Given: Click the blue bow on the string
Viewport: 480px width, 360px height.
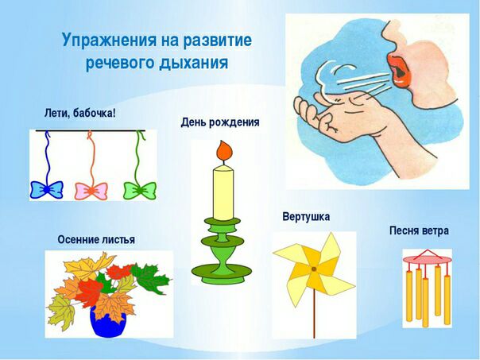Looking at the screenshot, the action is [47, 190].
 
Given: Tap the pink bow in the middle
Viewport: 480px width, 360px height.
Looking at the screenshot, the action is [91, 191].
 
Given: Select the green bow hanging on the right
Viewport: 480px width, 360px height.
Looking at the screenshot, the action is [140, 191].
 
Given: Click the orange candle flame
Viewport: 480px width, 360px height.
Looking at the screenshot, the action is [225, 150].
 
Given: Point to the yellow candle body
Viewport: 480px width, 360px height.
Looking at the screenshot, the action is [223, 193].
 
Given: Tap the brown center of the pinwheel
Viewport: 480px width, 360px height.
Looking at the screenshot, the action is [314, 269].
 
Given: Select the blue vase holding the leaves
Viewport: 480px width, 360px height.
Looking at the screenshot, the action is [108, 321].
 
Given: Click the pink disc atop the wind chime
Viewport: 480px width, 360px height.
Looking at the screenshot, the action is [427, 260].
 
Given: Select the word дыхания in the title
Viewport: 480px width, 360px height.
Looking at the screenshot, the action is [193, 63].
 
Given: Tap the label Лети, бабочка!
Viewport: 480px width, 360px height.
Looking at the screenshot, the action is [80, 114].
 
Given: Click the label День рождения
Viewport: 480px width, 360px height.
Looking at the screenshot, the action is [220, 122].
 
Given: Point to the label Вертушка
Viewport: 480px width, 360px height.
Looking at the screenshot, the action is [306, 217].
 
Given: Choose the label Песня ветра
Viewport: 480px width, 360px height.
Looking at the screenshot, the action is [419, 230].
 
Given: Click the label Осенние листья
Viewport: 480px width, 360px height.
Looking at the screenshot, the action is [96, 239].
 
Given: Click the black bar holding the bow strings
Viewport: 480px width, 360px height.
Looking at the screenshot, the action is [91, 130].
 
